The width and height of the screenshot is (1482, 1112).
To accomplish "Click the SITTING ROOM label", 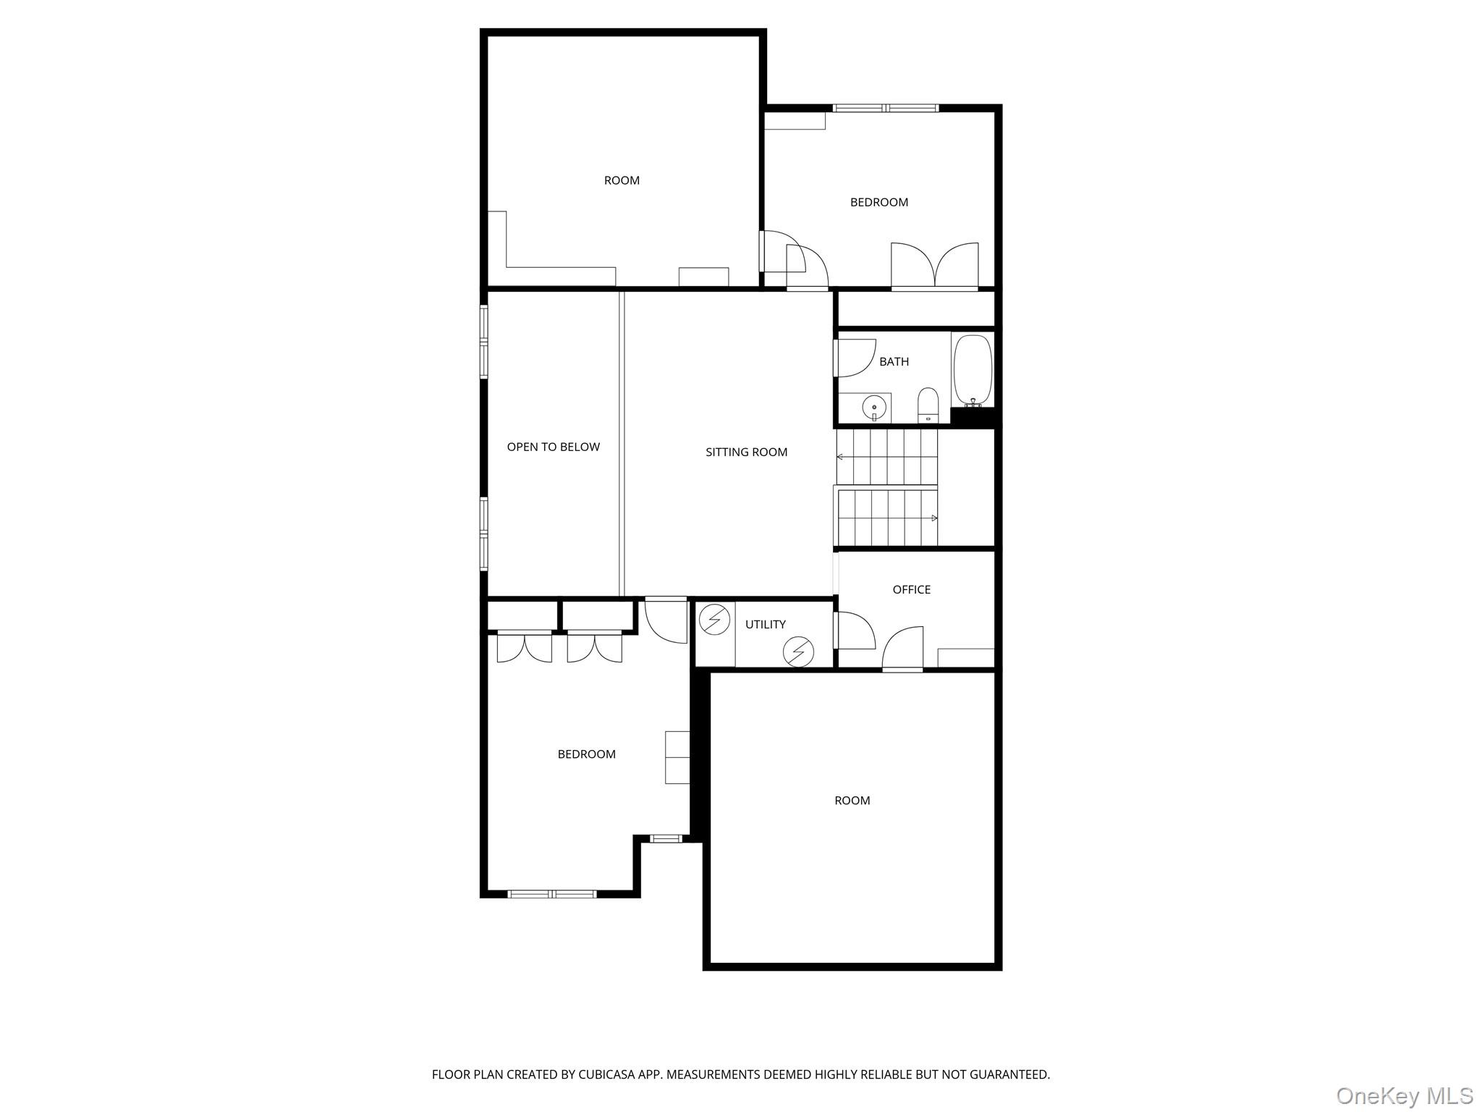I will coord(746,452).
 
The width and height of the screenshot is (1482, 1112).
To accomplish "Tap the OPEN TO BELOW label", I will coord(553,447).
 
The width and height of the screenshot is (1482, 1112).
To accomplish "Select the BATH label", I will coord(894,362).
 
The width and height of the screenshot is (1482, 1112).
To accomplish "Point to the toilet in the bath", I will coord(928,405).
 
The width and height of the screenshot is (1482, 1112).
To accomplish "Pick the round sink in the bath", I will coord(874,408).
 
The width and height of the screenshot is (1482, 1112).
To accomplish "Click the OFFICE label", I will coord(911,590).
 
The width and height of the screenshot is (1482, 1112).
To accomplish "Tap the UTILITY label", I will coord(765,625).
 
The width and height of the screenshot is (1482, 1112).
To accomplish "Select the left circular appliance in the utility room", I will coord(714,620).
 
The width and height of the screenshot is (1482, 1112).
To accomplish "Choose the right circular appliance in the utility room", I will coord(798,652).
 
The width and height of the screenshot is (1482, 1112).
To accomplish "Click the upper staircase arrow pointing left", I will coord(841,457).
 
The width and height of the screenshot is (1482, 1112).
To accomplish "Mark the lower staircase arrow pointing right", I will coord(933,518).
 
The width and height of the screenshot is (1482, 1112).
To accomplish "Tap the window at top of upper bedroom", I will coord(885,109).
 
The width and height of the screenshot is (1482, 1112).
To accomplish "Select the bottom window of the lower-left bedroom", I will coord(552,895).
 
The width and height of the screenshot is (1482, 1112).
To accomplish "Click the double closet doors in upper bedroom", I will coord(934,266).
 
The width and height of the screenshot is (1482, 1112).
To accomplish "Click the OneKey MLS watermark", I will coord(1404,1095).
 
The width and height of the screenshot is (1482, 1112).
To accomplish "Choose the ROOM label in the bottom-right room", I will coord(852,801).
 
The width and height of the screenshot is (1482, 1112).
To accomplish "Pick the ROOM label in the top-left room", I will coord(622,181).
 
